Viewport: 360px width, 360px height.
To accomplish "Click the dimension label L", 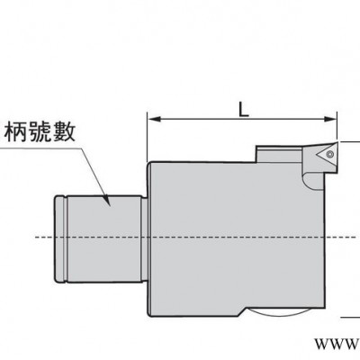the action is pyautogui.click(x=244, y=110).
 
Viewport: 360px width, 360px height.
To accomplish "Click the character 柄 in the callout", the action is pyautogui.click(x=16, y=131).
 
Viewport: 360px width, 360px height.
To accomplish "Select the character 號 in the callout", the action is pyautogui.click(x=40, y=131).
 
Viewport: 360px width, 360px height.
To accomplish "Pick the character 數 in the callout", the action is pyautogui.click(x=63, y=131).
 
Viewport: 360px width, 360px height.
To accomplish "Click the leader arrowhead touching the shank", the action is pyautogui.click(x=107, y=201).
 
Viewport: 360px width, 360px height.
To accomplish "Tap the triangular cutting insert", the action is pyautogui.click(x=327, y=155).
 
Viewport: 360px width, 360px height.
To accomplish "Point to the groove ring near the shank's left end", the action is pyautogui.click(x=65, y=238).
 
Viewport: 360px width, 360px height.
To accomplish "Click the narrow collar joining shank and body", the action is pyautogui.click(x=144, y=239).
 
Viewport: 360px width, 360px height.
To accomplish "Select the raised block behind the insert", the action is pyautogui.click(x=278, y=154).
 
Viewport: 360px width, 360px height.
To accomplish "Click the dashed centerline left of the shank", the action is pyautogui.click(x=45, y=238).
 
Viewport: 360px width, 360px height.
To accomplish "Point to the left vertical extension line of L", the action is pyautogui.click(x=147, y=137).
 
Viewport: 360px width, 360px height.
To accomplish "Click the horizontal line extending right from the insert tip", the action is pyautogui.click(x=349, y=141).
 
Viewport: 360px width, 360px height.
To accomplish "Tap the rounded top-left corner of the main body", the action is pyautogui.click(x=149, y=165).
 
